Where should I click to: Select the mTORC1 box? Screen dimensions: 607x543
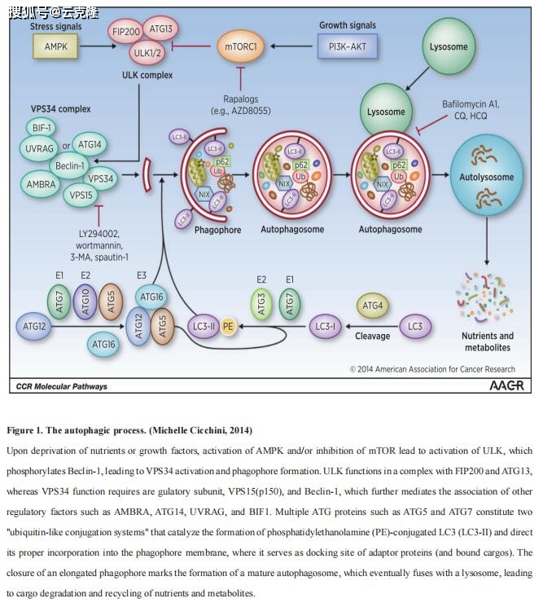[242, 46]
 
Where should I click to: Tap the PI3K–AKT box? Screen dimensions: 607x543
[348, 46]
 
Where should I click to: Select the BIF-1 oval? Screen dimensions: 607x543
[40, 128]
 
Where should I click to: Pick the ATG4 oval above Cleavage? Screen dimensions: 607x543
[372, 306]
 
